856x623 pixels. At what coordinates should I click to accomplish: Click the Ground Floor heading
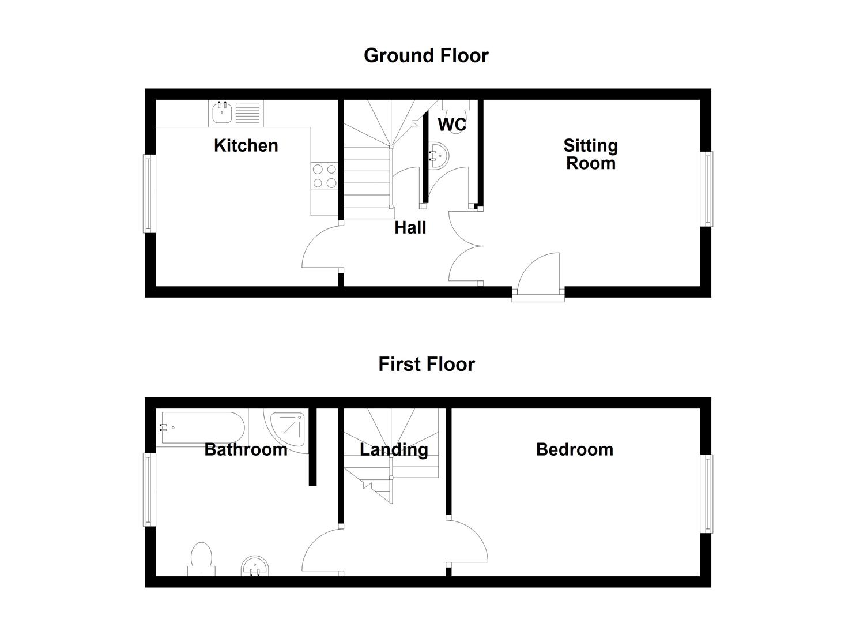tap(426, 56)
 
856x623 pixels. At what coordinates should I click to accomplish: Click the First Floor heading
tap(427, 364)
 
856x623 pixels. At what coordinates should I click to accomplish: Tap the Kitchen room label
tap(246, 146)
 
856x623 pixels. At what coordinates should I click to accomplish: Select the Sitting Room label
tap(590, 155)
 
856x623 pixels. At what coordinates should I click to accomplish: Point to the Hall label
tap(410, 228)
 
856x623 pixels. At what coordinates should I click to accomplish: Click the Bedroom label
tap(574, 450)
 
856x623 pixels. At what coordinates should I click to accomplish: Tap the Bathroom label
tap(246, 450)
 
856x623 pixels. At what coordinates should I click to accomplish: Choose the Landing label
tap(394, 451)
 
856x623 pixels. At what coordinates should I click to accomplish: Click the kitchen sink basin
tap(222, 112)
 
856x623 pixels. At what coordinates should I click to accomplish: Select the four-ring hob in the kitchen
tap(325, 177)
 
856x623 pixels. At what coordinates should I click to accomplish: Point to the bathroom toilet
tap(201, 559)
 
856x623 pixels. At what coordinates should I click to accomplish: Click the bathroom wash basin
tap(255, 566)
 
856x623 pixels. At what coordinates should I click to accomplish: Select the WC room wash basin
tap(438, 156)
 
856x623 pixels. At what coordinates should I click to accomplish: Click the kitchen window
tap(149, 193)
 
